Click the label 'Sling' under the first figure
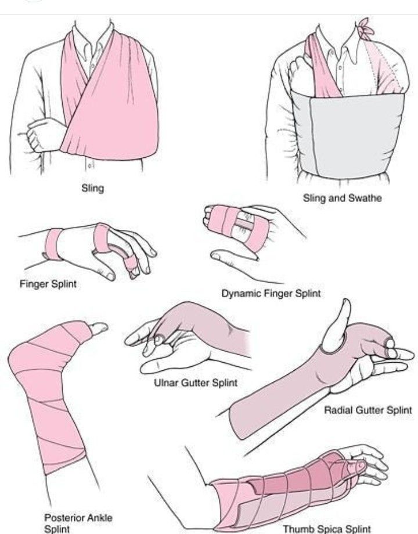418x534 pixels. tap(93, 188)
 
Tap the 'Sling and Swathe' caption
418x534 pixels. tap(343, 198)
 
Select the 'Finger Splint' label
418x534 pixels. tap(48, 284)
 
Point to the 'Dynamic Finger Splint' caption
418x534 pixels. tap(271, 294)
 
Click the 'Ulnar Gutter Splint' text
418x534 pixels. tap(196, 383)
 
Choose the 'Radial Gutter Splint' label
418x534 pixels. tap(368, 410)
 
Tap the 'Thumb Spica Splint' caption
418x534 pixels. tap(327, 529)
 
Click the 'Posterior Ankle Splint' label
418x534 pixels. tap(78, 523)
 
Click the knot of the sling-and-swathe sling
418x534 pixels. tap(365, 29)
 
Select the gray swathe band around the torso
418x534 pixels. tap(348, 133)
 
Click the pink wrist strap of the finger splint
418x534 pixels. tap(54, 244)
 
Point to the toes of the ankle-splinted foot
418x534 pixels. tap(99, 329)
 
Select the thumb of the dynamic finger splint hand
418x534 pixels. tap(234, 255)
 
